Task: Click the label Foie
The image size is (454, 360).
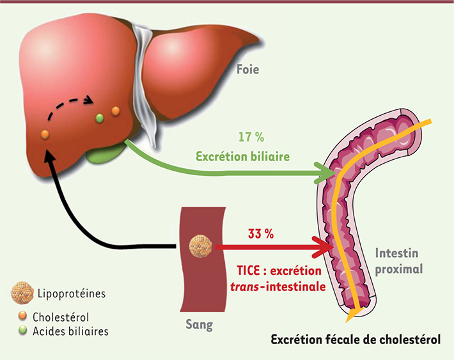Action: click(x=247, y=70)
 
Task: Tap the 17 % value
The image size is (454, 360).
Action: click(x=251, y=137)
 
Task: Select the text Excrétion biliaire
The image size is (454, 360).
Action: click(x=242, y=157)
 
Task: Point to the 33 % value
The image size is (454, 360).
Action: click(x=261, y=233)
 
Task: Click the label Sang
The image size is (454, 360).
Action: click(x=200, y=324)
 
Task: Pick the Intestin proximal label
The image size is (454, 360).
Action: click(x=399, y=261)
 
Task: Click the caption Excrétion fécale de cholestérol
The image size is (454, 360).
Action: click(x=356, y=340)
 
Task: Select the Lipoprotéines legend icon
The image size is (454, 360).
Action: click(x=22, y=293)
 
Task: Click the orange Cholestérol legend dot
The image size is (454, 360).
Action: click(x=22, y=316)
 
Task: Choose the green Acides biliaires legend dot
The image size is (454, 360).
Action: click(x=22, y=330)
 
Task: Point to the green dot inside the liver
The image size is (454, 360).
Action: click(x=99, y=118)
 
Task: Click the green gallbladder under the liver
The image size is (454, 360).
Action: click(x=106, y=153)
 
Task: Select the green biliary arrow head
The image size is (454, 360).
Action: click(x=325, y=173)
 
